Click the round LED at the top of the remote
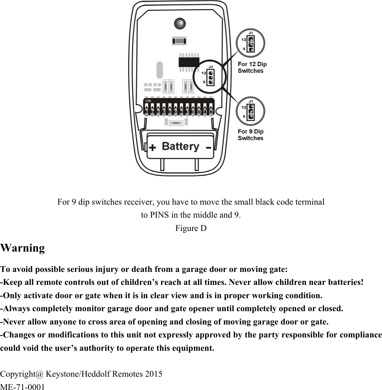(x=180, y=24)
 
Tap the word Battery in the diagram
(x=180, y=146)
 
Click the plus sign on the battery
(x=152, y=148)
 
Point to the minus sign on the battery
(x=209, y=148)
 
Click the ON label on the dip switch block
(x=148, y=101)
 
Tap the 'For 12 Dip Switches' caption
(x=252, y=67)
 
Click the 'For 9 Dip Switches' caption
(x=251, y=135)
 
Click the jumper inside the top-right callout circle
(x=251, y=45)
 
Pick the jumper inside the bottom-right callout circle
(x=251, y=112)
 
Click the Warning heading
(x=23, y=248)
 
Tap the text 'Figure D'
(x=191, y=228)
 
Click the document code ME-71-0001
(x=22, y=387)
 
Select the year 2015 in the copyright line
(x=154, y=374)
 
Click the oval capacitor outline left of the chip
(x=159, y=70)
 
